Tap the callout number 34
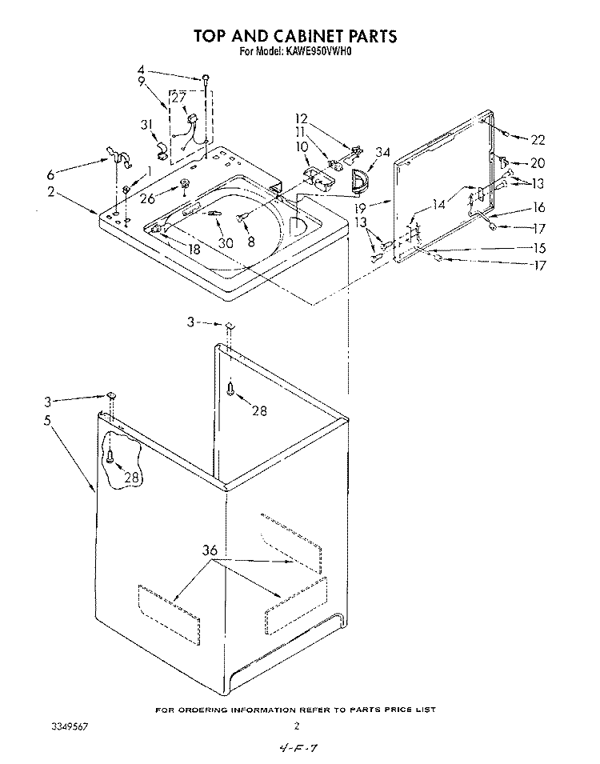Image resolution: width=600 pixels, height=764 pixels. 382,153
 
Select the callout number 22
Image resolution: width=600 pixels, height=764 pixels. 538,140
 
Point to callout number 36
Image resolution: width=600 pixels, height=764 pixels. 210,550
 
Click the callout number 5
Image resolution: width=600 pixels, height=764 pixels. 47,421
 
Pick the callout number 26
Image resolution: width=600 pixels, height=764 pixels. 147,198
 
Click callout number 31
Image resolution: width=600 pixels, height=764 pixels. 147,126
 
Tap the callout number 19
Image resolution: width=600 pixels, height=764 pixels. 360,209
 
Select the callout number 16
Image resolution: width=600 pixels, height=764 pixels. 538,207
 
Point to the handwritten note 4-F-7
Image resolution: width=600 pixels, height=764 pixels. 298,749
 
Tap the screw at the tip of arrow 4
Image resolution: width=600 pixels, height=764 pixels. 206,78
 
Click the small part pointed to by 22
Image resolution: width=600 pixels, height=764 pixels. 506,134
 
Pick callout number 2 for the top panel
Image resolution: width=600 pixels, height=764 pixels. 51,191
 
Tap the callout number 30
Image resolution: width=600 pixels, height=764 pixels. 226,242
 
